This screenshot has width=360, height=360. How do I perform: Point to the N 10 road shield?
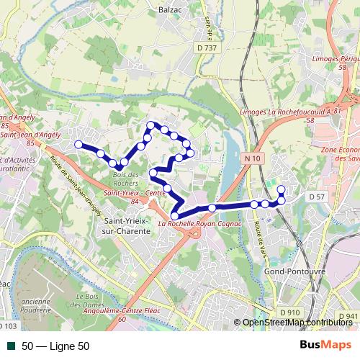[251, 158]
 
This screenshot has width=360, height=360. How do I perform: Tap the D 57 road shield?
[317, 196]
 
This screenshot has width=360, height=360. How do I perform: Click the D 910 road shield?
[289, 312]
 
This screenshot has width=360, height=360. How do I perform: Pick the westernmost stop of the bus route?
[78, 144]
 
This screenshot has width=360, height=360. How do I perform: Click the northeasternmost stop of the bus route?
[281, 189]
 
